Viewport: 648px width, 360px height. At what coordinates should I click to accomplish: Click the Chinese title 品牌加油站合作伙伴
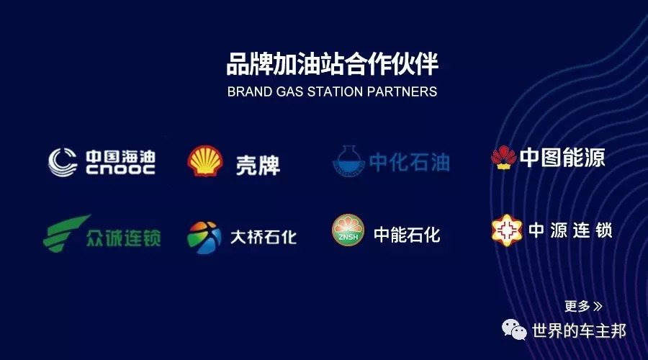tap(332, 63)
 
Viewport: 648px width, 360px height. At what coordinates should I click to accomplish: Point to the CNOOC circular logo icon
tap(63, 162)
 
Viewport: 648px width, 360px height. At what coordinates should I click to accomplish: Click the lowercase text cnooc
tap(121, 169)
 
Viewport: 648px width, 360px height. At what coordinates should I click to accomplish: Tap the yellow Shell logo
tap(205, 161)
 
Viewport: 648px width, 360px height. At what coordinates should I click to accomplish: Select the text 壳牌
tap(258, 166)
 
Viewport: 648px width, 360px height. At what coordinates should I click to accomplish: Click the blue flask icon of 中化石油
tap(348, 161)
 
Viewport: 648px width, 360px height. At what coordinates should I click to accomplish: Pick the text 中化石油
tap(410, 162)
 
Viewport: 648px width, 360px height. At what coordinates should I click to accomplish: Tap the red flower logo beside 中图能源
tap(504, 158)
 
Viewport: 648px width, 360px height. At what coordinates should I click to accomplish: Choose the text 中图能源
tap(562, 158)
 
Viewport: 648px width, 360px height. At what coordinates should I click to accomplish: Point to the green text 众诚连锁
tap(124, 238)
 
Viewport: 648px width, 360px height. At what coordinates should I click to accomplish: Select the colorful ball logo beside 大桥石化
tap(204, 238)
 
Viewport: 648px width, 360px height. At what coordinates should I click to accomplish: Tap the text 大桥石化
tap(264, 238)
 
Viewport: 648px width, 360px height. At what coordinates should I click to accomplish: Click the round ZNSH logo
tap(348, 230)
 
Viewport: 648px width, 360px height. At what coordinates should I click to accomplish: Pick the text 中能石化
tap(407, 235)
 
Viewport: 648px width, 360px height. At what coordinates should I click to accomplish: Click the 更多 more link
tap(583, 306)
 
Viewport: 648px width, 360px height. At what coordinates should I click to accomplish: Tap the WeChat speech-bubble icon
tap(514, 330)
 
